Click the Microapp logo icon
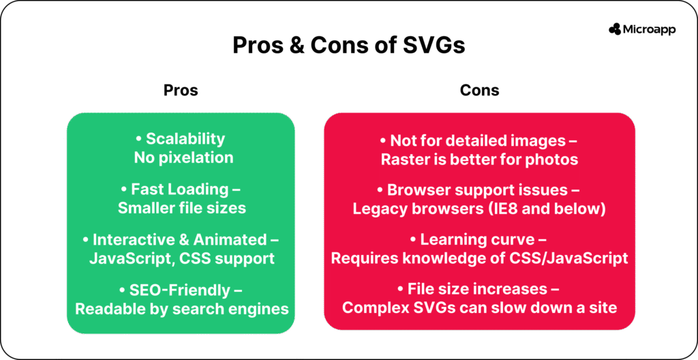tap(615, 29)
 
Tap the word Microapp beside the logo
tap(649, 30)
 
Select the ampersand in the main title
tap(294, 45)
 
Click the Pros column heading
tap(181, 90)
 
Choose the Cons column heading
tap(479, 90)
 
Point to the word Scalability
tap(185, 139)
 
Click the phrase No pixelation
tap(183, 157)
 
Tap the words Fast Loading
tap(179, 189)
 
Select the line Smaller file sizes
tap(182, 208)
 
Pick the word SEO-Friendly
tap(180, 290)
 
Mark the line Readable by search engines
tap(181, 310)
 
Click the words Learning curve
tap(477, 240)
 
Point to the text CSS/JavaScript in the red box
tap(579, 258)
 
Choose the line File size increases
tap(477, 290)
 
